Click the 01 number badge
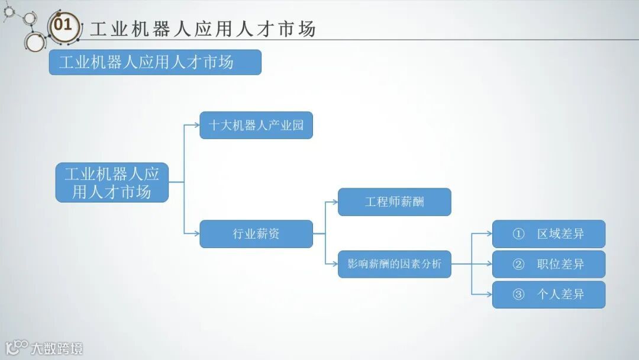click(x=63, y=26)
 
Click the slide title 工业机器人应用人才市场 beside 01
click(x=202, y=29)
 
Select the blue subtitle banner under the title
click(x=154, y=62)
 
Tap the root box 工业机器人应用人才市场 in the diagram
click(x=112, y=182)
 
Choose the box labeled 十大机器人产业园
click(x=256, y=125)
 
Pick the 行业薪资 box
click(x=256, y=234)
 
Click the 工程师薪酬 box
click(x=394, y=202)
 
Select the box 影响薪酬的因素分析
click(x=394, y=264)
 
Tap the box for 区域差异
click(x=548, y=234)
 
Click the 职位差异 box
click(x=548, y=264)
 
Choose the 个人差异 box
click(x=548, y=294)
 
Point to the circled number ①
click(x=518, y=234)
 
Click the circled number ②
click(x=518, y=264)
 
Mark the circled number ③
click(x=518, y=294)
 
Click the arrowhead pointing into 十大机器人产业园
click(x=196, y=125)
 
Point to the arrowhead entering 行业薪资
click(x=196, y=234)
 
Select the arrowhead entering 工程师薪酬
click(x=334, y=202)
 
